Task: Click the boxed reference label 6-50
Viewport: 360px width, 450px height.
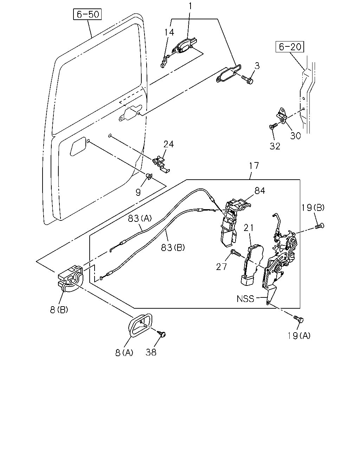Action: (87, 14)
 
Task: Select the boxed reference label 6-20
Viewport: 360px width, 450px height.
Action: (290, 47)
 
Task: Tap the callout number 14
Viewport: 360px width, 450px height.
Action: (169, 32)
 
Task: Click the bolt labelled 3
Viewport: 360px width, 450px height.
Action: (247, 79)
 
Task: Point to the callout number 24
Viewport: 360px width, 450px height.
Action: (169, 144)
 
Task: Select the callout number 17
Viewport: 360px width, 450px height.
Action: (254, 166)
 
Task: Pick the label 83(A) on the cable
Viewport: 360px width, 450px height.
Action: (140, 219)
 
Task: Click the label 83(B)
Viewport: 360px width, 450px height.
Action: (173, 247)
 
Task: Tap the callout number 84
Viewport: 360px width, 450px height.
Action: (260, 191)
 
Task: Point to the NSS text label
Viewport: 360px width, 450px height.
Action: (245, 299)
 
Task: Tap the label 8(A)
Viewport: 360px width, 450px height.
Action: (124, 353)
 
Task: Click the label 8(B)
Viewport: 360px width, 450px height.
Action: (59, 310)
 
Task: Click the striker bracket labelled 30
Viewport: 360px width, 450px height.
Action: (281, 116)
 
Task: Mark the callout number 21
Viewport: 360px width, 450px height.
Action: (249, 228)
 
